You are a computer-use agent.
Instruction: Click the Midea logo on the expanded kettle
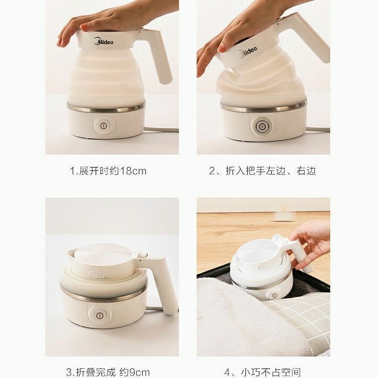[103, 41]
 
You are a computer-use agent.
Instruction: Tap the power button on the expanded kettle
[103, 125]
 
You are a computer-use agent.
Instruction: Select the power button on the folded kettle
[99, 315]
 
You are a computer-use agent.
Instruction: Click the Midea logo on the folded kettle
[99, 275]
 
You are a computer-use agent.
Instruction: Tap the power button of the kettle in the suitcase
[275, 295]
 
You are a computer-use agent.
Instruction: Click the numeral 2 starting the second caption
[212, 171]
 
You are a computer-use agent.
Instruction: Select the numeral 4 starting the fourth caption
[227, 372]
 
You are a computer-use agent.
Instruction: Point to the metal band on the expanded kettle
[106, 108]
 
